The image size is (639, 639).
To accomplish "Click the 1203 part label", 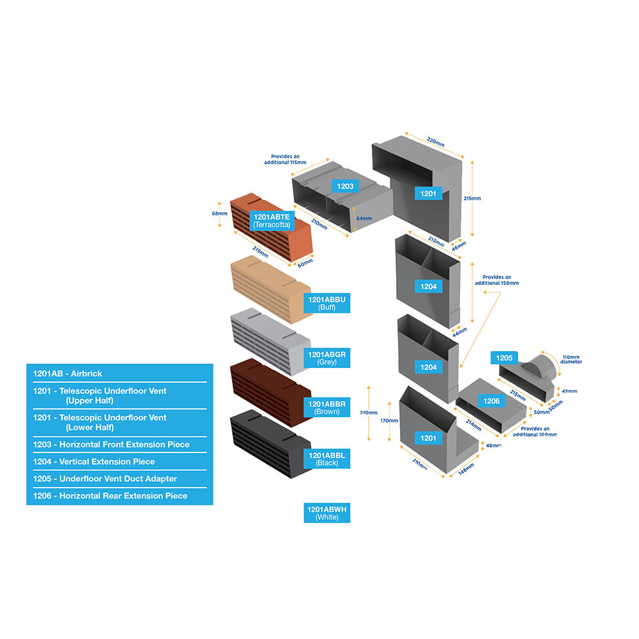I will [345, 186].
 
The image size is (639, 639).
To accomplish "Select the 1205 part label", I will [504, 358].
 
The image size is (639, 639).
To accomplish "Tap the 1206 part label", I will [491, 401].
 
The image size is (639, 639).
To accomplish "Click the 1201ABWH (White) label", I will [327, 513].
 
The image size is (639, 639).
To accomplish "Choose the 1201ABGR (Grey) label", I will [327, 358].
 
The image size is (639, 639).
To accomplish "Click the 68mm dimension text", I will [220, 213].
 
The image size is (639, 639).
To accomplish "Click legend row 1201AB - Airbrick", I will [119, 373].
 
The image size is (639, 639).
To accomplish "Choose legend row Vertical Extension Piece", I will [119, 461].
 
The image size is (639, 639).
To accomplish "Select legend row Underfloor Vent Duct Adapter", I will [119, 479].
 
